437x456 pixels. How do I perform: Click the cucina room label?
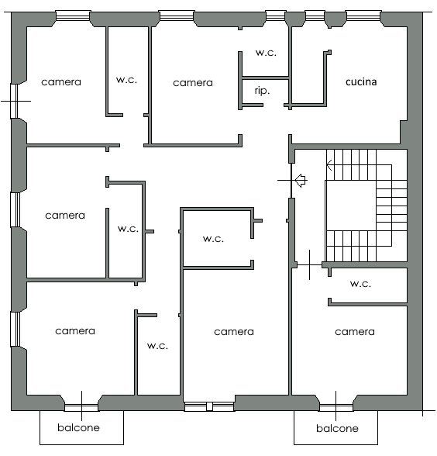coord(361,82)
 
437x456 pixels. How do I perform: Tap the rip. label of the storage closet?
coord(262,91)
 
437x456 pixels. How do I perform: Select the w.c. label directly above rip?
coord(266,53)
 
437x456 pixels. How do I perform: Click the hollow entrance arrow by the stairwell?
coord(301,181)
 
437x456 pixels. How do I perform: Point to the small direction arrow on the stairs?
coord(329,165)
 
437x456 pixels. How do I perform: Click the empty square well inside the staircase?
coord(350,206)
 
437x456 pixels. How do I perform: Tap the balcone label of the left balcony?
coord(78,427)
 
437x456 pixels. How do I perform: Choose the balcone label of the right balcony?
coord(337,428)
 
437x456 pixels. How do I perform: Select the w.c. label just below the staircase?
coord(360,284)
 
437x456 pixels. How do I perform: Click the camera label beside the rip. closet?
coord(193,83)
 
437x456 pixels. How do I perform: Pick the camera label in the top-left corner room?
coord(61,82)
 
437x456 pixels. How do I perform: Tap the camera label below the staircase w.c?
coord(355,332)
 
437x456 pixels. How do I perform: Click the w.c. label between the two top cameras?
coord(126,80)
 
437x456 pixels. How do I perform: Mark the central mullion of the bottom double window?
coord(209,406)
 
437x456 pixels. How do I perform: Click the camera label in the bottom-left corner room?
coord(75,331)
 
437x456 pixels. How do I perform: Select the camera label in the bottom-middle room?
coord(234,332)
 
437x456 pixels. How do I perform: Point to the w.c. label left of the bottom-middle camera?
coord(157,346)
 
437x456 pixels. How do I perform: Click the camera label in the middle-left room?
coord(65,216)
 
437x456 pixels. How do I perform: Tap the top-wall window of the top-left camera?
coord(73,16)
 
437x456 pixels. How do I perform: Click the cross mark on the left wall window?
coord(16,101)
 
